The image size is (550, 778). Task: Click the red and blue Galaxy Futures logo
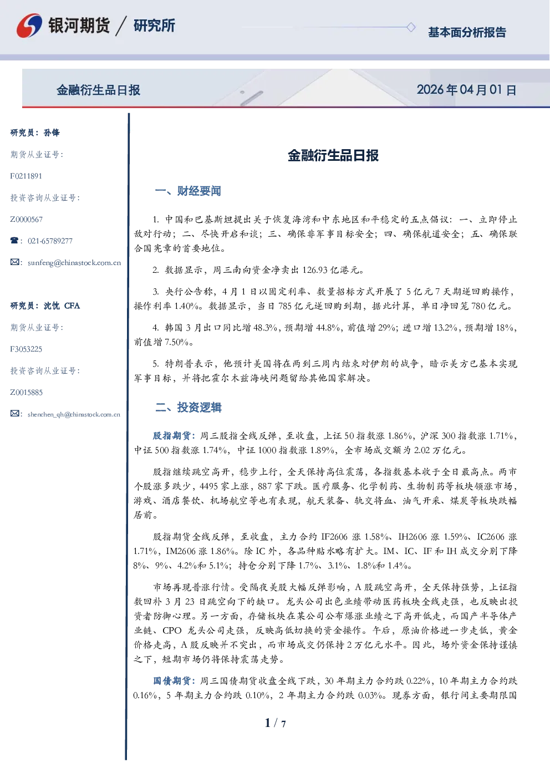pyautogui.click(x=29, y=26)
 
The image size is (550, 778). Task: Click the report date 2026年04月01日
pyautogui.click(x=466, y=90)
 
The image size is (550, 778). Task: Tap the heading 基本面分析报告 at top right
pyautogui.click(x=467, y=32)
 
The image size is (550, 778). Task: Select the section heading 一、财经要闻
pyautogui.click(x=188, y=191)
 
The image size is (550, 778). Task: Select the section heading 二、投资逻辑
pyautogui.click(x=188, y=407)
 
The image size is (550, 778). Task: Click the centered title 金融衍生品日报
pyautogui.click(x=333, y=155)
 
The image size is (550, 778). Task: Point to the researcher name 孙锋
pyautogui.click(x=52, y=133)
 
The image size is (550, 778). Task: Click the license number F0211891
pyautogui.click(x=26, y=176)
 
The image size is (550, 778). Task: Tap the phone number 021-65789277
pyautogui.click(x=50, y=241)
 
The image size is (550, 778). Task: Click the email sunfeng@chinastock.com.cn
pyautogui.click(x=74, y=263)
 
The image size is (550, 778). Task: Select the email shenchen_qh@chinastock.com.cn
pyautogui.click(x=74, y=414)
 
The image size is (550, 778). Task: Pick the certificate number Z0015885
pyautogui.click(x=27, y=393)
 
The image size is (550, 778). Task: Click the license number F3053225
pyautogui.click(x=26, y=349)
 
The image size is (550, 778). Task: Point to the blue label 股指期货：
pyautogui.click(x=174, y=435)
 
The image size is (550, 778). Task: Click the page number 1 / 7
pyautogui.click(x=275, y=723)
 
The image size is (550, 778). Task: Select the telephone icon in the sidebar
pyautogui.click(x=14, y=240)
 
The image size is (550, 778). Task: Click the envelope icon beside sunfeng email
pyautogui.click(x=14, y=262)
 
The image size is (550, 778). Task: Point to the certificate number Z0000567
pyautogui.click(x=27, y=220)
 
